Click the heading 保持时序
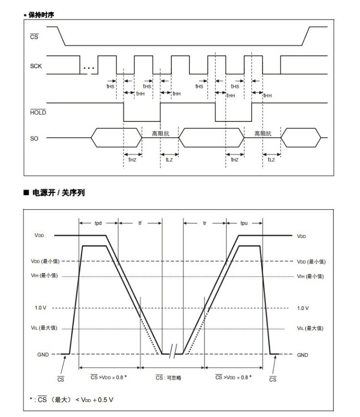click(x=41, y=15)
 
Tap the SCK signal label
click(x=36, y=66)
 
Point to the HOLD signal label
click(x=37, y=112)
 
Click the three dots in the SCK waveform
click(x=89, y=68)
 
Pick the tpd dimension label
click(x=98, y=223)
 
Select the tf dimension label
click(x=140, y=223)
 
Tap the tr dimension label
click(x=204, y=223)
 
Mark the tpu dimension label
click(x=244, y=223)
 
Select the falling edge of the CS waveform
click(x=60, y=35)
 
